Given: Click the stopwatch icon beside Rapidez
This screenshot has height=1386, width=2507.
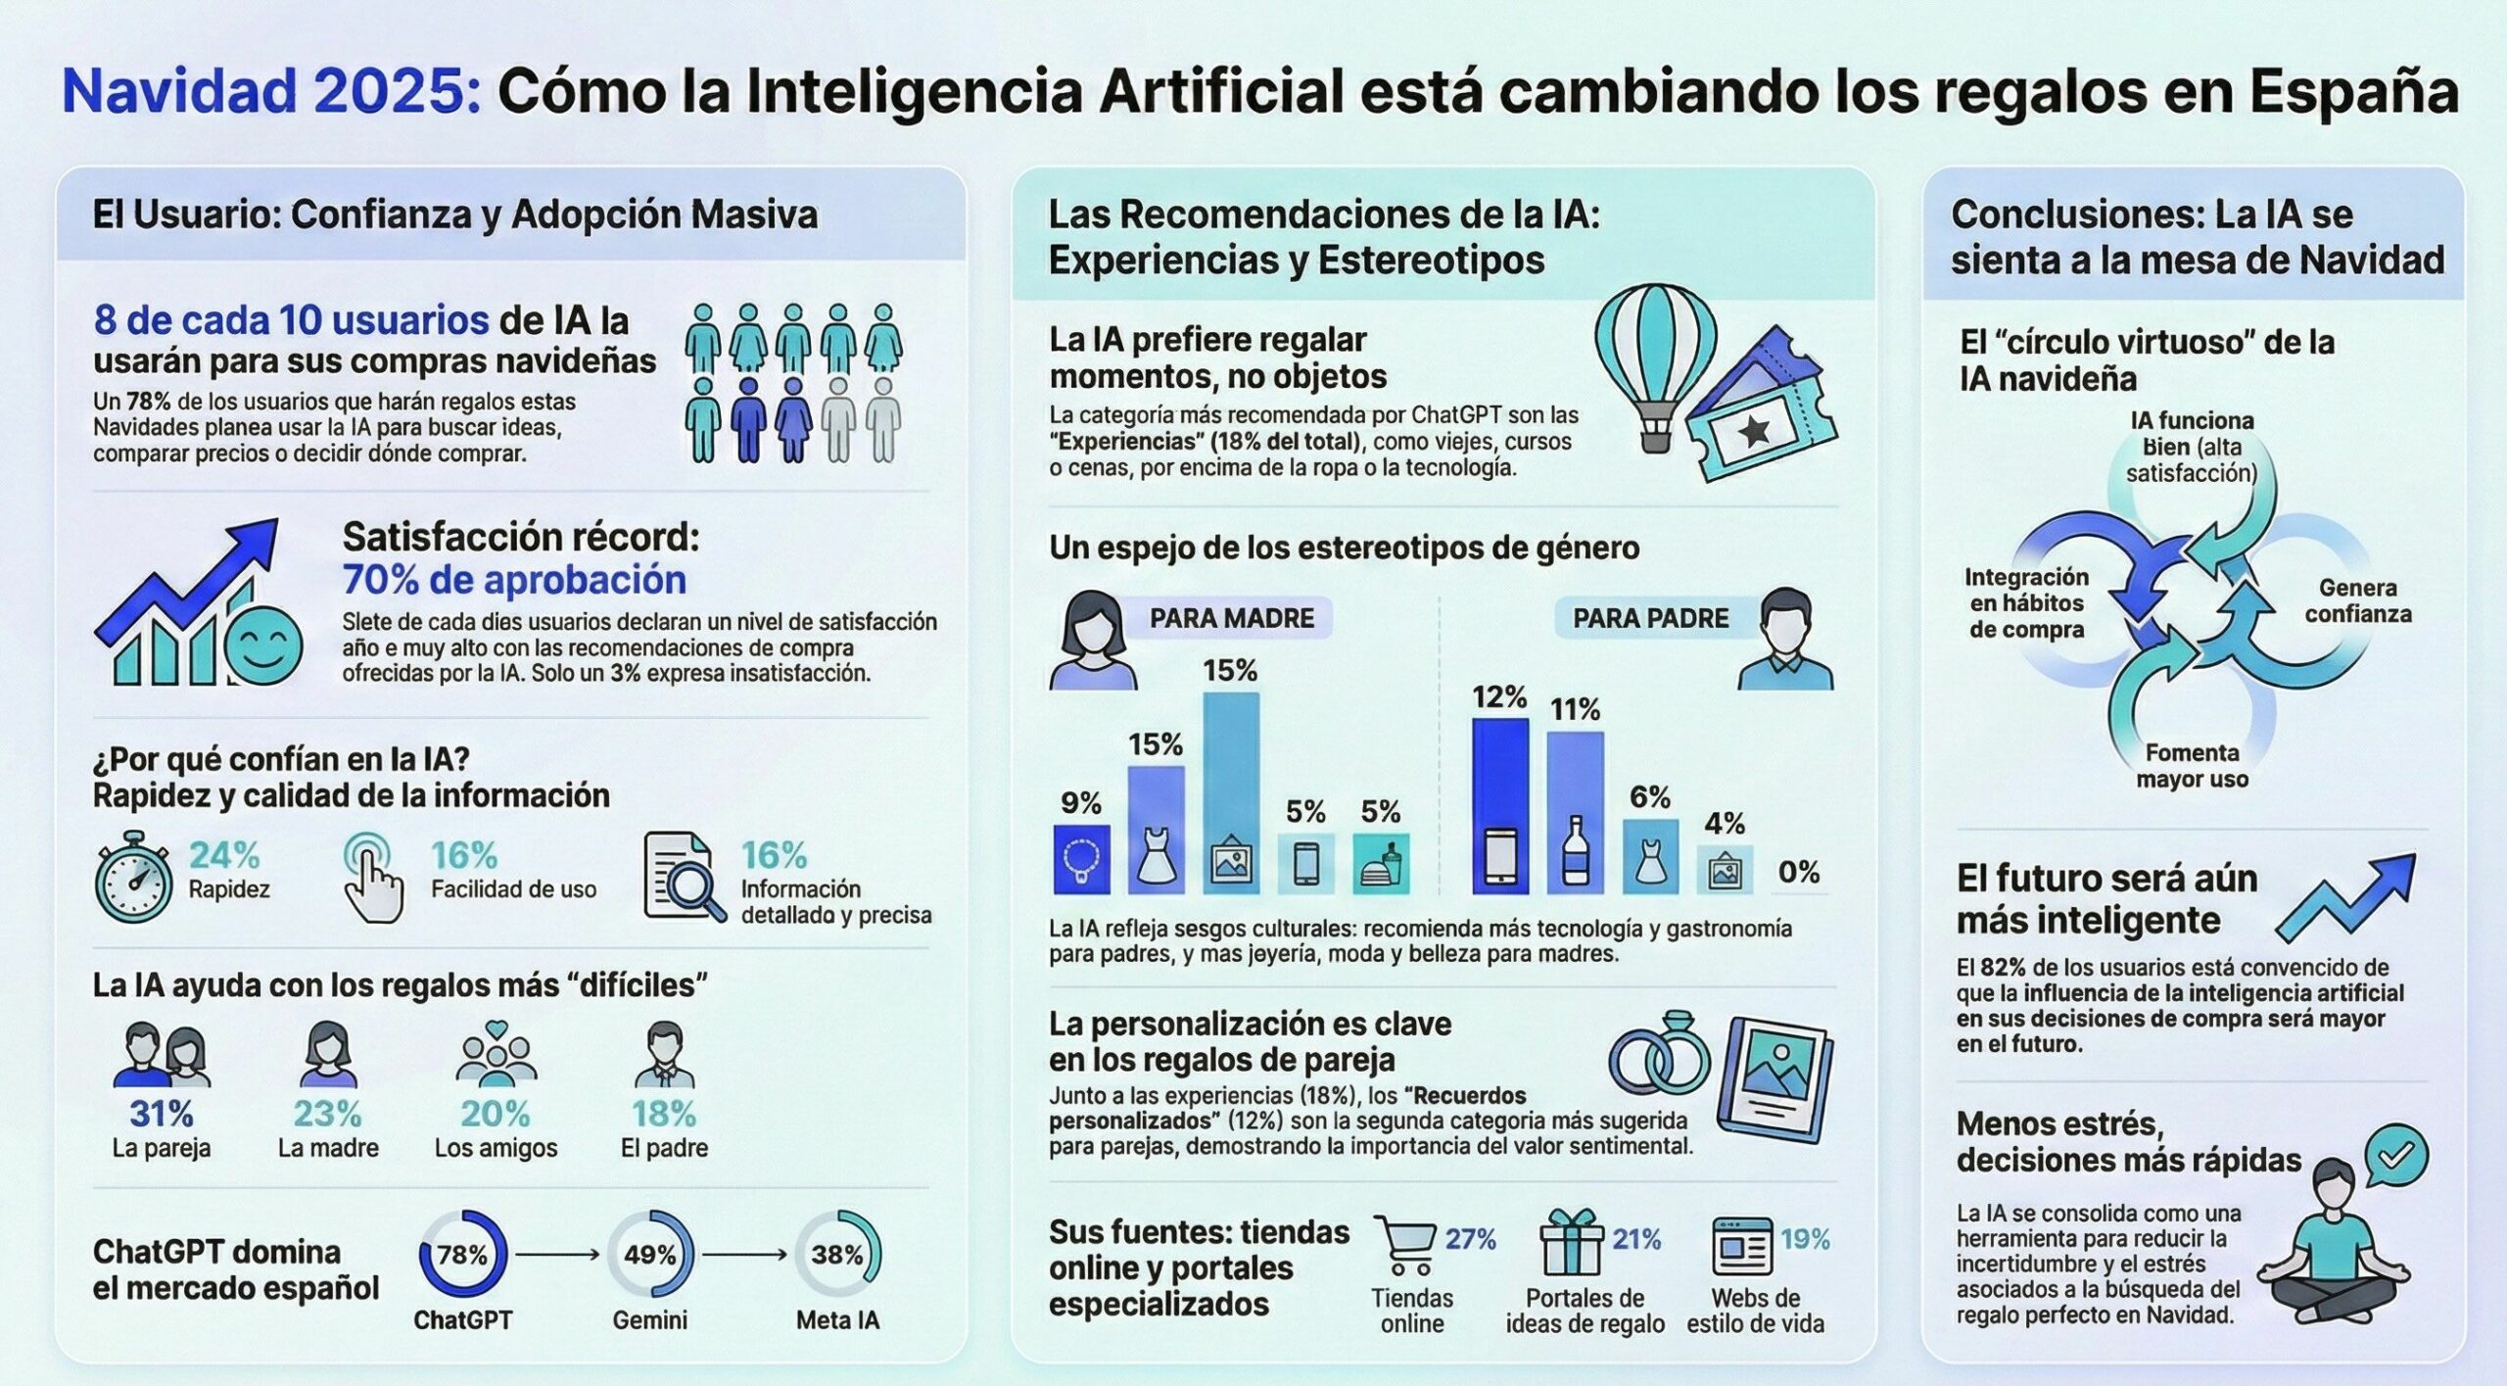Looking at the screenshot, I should click(134, 878).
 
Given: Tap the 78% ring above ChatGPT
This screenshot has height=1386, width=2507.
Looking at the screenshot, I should click(463, 1255).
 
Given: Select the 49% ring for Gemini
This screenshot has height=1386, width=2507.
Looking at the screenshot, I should click(650, 1255).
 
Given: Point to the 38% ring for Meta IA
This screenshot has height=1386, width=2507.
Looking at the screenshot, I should click(837, 1255).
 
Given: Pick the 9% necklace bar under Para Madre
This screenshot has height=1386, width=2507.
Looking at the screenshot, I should click(1081, 859).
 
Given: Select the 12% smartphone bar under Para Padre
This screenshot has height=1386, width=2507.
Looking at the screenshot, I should click(1500, 806).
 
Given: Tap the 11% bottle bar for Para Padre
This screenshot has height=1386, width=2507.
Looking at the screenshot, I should click(1575, 813).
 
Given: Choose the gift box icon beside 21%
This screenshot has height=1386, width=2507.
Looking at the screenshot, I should click(1571, 1242).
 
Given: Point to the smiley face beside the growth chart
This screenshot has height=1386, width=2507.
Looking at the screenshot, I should click(263, 645).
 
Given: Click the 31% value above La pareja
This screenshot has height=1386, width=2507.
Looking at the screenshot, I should click(162, 1114).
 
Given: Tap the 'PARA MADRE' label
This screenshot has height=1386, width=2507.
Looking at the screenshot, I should click(1231, 618).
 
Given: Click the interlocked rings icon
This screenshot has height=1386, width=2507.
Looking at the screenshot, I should click(1659, 1056).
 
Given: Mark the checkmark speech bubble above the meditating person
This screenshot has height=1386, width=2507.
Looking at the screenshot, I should click(2395, 1157).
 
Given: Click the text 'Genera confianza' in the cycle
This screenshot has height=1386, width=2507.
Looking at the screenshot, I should click(2357, 600).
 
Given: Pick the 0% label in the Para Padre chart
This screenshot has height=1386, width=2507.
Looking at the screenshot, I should click(1799, 872).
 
